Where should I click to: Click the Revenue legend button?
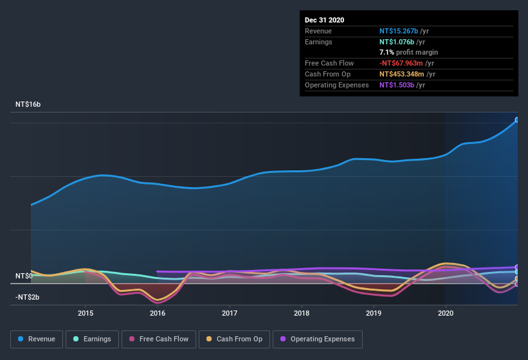click(x=37, y=339)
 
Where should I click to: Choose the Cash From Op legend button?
click(x=235, y=339)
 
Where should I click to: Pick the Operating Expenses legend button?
click(x=318, y=339)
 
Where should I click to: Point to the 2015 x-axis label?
click(x=86, y=313)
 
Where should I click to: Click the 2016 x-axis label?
click(x=158, y=313)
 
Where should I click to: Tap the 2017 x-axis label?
click(x=230, y=313)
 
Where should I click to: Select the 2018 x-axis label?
click(x=302, y=313)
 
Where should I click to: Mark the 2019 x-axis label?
click(x=374, y=313)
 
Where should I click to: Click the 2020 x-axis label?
click(x=446, y=313)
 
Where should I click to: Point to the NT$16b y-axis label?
click(x=28, y=104)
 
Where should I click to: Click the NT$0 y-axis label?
click(x=24, y=276)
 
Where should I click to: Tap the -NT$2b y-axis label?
click(x=27, y=297)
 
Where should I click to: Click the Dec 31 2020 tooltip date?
click(x=324, y=20)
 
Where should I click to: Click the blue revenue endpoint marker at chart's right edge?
click(x=516, y=120)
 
